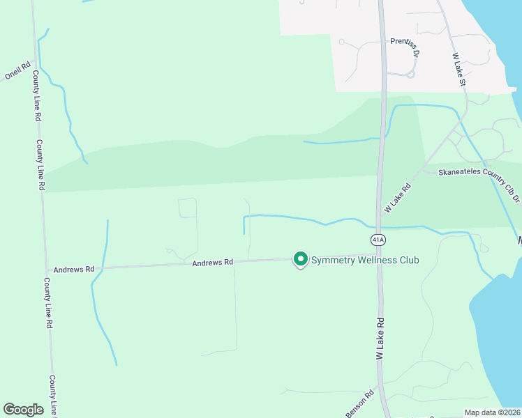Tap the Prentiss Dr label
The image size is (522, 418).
tap(405, 46)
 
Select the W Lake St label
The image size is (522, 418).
tap(458, 70)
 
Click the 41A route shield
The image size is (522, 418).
tap(378, 240)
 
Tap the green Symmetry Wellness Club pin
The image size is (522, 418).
tap(301, 259)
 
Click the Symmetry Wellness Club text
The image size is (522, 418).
tap(365, 261)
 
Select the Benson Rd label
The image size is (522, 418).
tap(359, 403)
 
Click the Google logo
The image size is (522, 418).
tap(23, 410)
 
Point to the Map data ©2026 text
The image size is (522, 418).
tap(492, 412)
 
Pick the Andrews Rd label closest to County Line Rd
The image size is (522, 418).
tap(74, 268)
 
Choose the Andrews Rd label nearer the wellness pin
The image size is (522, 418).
tap(213, 263)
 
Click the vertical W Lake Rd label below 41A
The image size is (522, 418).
tap(381, 339)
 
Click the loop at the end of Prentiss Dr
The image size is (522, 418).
tap(410, 74)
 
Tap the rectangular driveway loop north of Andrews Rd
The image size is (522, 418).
tap(188, 208)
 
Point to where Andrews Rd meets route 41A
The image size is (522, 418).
tap(378, 258)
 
